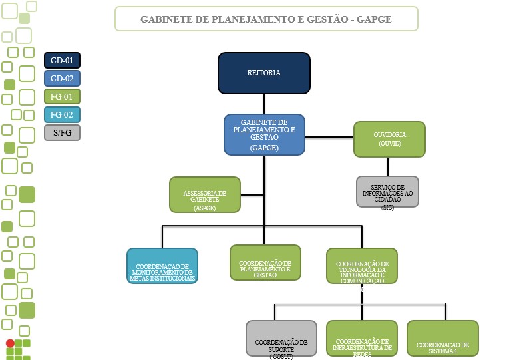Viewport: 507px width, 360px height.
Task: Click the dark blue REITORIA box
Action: [x=264, y=73]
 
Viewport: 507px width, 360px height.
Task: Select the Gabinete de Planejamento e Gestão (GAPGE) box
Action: [x=264, y=134]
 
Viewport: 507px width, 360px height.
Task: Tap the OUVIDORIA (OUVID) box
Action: [x=389, y=139]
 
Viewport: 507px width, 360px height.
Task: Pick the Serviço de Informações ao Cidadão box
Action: [x=387, y=192]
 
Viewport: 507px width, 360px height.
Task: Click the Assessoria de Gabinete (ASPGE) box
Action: [x=205, y=194]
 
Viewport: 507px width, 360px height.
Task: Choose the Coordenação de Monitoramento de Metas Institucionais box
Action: [x=162, y=266]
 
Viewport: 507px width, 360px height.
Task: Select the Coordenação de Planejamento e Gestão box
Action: [x=265, y=262]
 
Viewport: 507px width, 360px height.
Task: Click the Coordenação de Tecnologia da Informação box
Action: [x=362, y=267]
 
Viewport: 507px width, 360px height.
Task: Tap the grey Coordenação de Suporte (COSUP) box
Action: [x=281, y=339]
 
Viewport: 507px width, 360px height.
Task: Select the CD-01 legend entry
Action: [x=62, y=61]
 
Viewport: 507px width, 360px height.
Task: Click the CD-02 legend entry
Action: [x=62, y=79]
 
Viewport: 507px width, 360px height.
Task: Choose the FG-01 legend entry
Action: [x=62, y=96]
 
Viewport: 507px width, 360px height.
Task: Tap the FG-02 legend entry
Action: [x=62, y=114]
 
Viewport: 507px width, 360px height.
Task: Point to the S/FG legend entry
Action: [x=62, y=132]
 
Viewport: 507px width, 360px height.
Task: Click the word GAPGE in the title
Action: [x=373, y=19]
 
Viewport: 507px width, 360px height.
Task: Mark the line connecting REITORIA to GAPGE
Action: [x=264, y=103]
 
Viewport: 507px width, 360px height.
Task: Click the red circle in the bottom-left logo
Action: [x=10, y=343]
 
